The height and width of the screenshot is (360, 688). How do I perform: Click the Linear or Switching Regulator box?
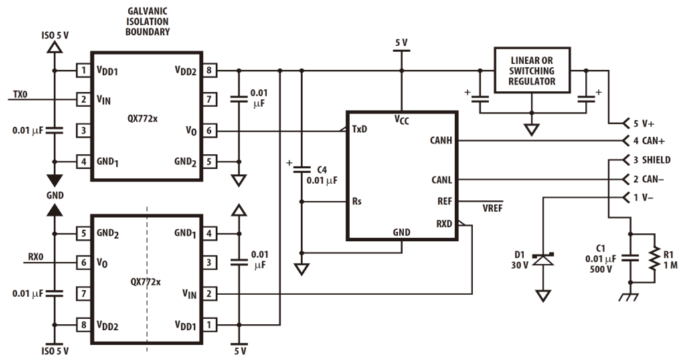pyautogui.click(x=531, y=70)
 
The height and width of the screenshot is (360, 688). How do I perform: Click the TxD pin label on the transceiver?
pyautogui.click(x=360, y=129)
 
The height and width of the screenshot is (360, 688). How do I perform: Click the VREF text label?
pyautogui.click(x=492, y=208)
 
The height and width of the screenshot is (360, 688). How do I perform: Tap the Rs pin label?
pyautogui.click(x=357, y=201)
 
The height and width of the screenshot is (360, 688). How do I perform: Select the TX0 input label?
pyautogui.click(x=21, y=95)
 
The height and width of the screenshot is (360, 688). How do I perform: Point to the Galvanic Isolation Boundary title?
pyautogui.click(x=148, y=21)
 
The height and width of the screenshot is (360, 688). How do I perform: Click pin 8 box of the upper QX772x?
pyautogui.click(x=209, y=70)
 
